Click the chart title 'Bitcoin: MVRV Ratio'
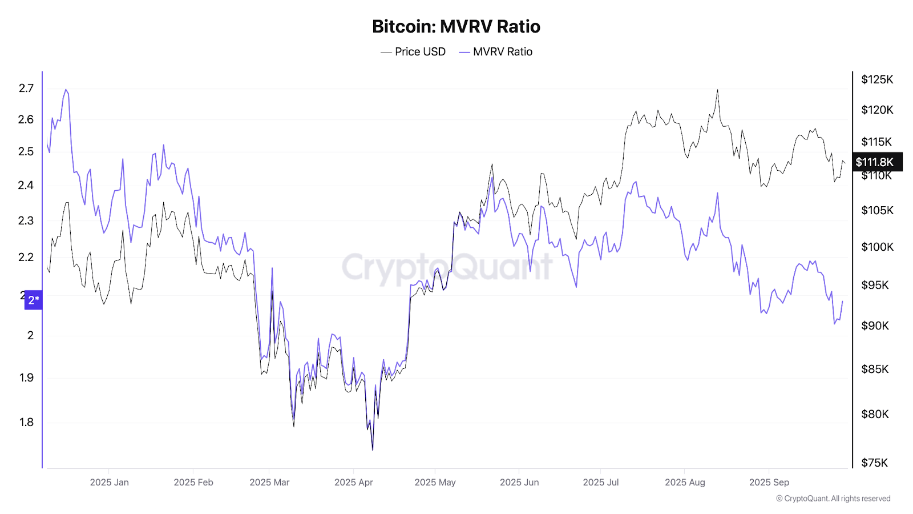[456, 26]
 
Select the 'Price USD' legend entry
[413, 52]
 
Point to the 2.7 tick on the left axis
[26, 88]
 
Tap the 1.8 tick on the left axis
[26, 422]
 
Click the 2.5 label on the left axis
[26, 151]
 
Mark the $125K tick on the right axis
[877, 79]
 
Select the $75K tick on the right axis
[874, 463]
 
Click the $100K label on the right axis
[877, 247]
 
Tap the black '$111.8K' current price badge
[877, 162]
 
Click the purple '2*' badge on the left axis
[34, 300]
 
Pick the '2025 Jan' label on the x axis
[109, 483]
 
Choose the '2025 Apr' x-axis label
[353, 483]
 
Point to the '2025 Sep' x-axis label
[769, 483]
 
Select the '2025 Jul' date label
[600, 483]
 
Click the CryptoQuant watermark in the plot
[447, 267]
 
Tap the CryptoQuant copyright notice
[833, 499]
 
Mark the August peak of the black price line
[717, 90]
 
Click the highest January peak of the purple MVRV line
[66, 90]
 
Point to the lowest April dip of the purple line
[373, 449]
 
